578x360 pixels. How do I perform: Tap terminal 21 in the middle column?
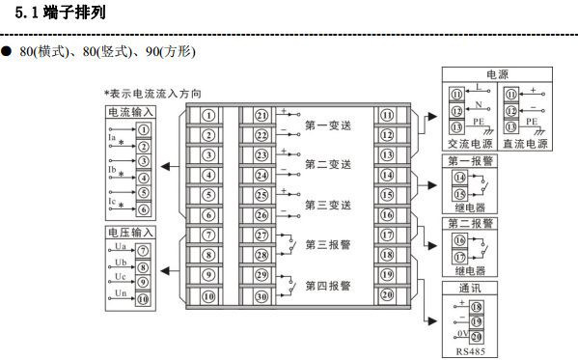(x=261, y=115)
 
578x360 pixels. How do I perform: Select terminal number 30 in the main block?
(x=261, y=297)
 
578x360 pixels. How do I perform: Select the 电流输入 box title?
(x=130, y=113)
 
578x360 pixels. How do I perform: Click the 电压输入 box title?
(x=130, y=234)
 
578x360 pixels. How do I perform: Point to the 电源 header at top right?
(x=497, y=74)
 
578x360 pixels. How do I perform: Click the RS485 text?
(x=469, y=350)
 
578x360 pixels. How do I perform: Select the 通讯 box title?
(x=469, y=288)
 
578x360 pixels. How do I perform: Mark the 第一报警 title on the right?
(x=469, y=160)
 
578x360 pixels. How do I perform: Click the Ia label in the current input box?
(x=113, y=138)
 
